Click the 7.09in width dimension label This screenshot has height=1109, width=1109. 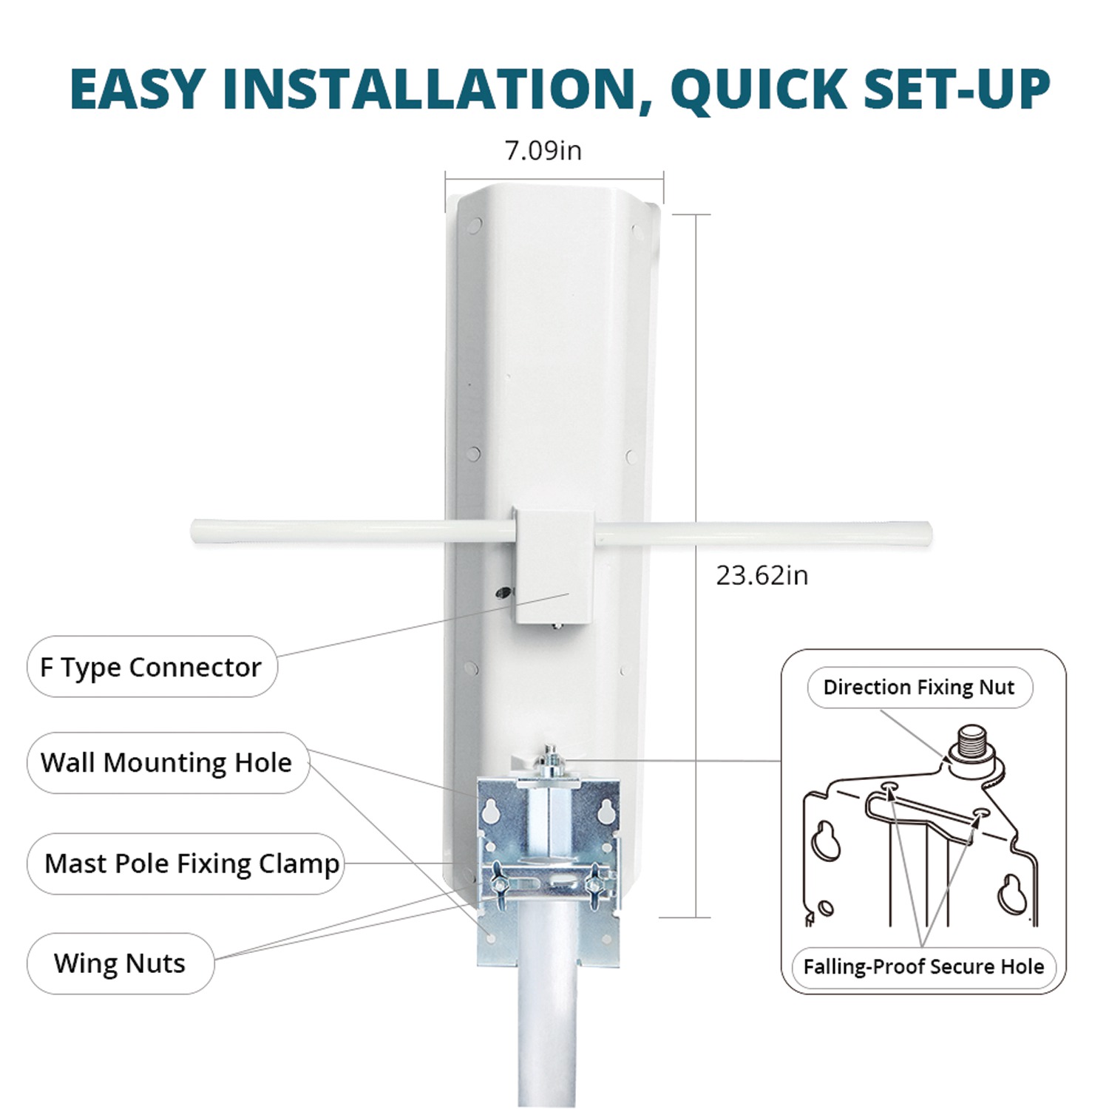pyautogui.click(x=543, y=150)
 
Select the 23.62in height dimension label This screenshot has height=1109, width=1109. pyautogui.click(x=762, y=575)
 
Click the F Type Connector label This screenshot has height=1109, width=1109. pyautogui.click(x=151, y=667)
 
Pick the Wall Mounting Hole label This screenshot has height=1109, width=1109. pyautogui.click(x=166, y=762)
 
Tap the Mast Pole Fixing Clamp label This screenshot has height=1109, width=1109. pyautogui.click(x=191, y=864)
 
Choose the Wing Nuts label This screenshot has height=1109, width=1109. pyautogui.click(x=120, y=963)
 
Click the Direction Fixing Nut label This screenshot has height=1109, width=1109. pyautogui.click(x=919, y=687)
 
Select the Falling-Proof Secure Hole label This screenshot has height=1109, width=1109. pyautogui.click(x=923, y=966)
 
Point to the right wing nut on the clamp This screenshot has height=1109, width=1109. pyautogui.click(x=594, y=881)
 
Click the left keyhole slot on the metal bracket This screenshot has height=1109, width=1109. pyautogui.click(x=490, y=812)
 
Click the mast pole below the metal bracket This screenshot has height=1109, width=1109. pyautogui.click(x=549, y=1035)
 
